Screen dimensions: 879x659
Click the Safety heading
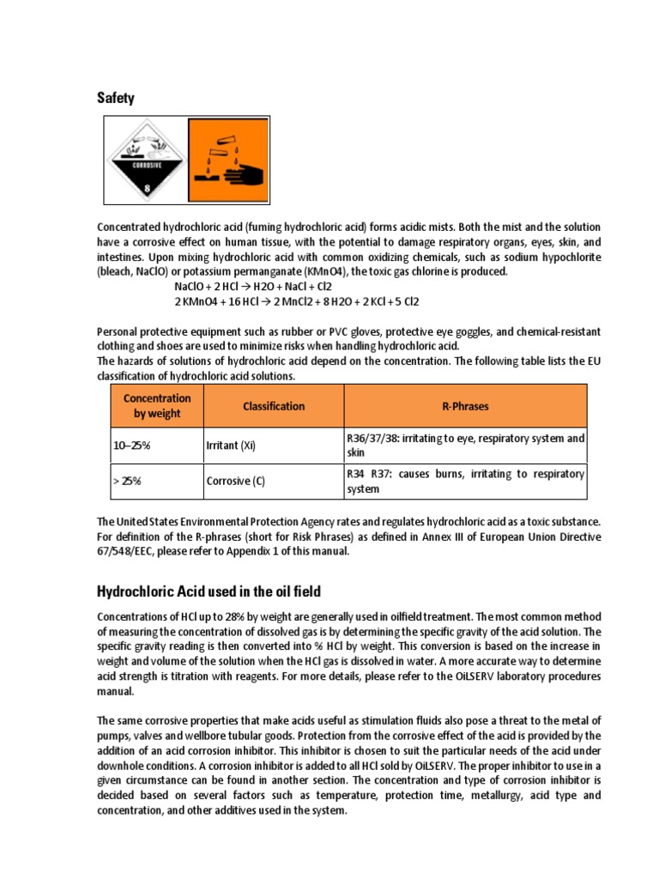point(116,99)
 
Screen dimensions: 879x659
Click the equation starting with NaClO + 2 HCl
point(252,286)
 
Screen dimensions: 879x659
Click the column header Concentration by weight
point(157,406)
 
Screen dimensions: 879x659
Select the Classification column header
point(273,406)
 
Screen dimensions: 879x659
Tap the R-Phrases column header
point(465,406)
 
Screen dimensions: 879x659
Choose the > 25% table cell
point(127,482)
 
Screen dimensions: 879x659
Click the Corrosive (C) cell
point(235,482)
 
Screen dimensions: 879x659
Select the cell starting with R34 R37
point(465,482)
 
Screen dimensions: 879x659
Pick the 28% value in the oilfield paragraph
point(218,617)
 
